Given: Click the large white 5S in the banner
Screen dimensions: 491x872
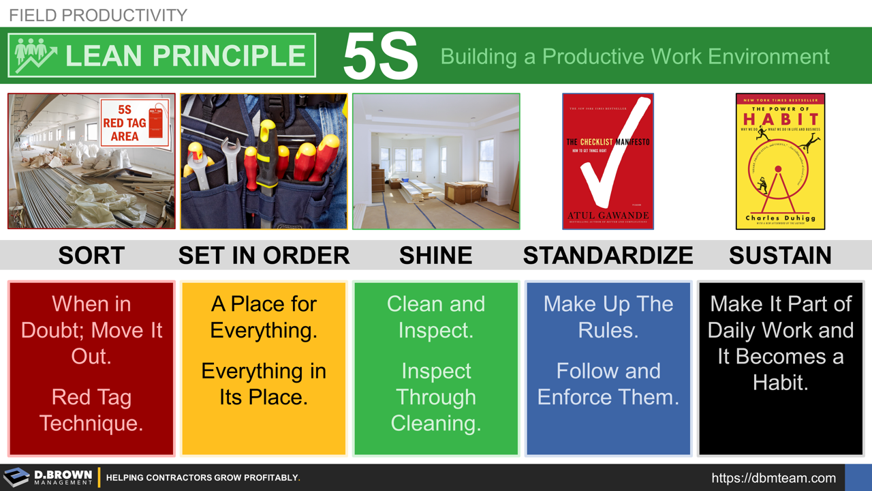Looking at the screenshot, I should coord(380,57).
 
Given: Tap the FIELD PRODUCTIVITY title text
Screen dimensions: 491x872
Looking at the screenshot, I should coord(98,14).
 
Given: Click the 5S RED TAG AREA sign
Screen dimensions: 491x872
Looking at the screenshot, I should coord(134,123).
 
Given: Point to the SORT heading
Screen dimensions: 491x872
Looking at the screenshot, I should coord(91,256).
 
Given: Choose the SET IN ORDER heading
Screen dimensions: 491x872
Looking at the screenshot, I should coord(264,256).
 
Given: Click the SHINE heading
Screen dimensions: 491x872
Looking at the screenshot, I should coord(435,256).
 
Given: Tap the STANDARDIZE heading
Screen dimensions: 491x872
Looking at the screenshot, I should coord(608,256).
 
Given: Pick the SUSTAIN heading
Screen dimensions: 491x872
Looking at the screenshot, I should coord(780,256).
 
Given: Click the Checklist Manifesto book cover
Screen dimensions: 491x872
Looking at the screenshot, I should coord(608,161).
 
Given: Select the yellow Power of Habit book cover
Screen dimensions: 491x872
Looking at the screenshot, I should coord(780,161).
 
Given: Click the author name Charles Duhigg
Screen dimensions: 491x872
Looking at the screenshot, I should coord(780,218).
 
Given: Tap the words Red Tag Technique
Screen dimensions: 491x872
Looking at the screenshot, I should coord(91,410).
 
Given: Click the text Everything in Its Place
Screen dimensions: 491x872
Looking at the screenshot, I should coord(264,384).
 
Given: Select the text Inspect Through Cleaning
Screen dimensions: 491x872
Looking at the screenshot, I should coord(436,397).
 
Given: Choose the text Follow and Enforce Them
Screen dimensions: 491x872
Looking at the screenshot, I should coord(608,384).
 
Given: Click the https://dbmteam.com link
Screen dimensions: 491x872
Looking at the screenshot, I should coord(773,478).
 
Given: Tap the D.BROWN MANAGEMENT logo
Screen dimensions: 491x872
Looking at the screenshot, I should coord(49,477).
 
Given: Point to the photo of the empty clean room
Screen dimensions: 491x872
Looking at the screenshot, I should coord(436,161).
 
